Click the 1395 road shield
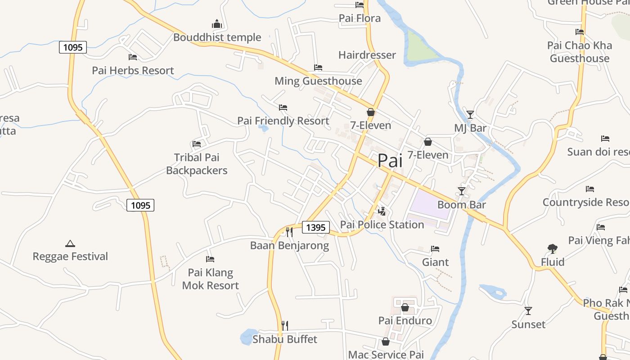click(x=315, y=227)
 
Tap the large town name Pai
click(x=390, y=161)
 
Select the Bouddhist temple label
click(x=217, y=37)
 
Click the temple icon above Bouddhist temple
click(x=217, y=24)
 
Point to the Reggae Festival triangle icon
click(x=70, y=243)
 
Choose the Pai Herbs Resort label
click(x=133, y=71)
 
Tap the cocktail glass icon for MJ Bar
click(x=470, y=115)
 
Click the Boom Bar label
click(x=462, y=205)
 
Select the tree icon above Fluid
click(x=553, y=248)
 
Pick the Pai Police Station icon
click(x=382, y=211)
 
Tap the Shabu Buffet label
click(x=285, y=339)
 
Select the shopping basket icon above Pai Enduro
click(x=405, y=307)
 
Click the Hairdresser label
click(x=367, y=55)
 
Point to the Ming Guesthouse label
click(x=318, y=81)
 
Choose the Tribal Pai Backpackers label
click(x=197, y=164)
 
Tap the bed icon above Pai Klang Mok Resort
click(x=210, y=259)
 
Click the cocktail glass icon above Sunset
click(x=528, y=310)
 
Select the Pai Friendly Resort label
click(x=283, y=121)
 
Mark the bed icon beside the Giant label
click(x=435, y=248)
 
